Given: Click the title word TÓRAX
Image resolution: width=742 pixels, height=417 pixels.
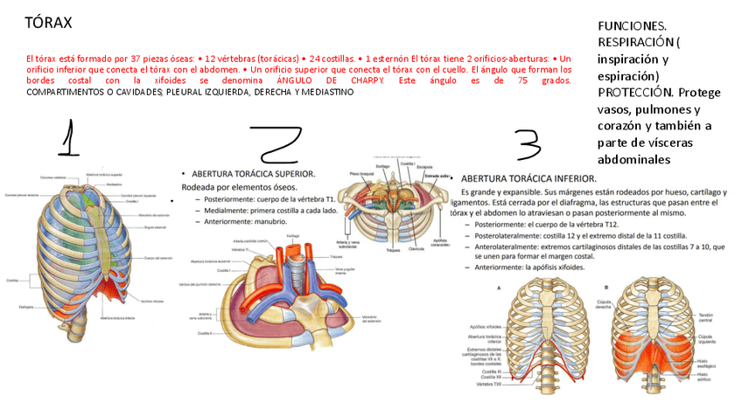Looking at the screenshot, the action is point(49,22).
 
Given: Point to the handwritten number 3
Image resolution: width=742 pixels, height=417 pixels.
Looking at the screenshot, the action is point(528,144).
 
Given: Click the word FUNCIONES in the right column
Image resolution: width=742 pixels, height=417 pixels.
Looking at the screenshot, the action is point(630,27).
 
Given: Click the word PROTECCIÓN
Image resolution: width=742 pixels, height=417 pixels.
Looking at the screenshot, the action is point(636,92).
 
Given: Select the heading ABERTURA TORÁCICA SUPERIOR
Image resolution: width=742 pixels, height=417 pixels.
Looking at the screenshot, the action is point(254,173).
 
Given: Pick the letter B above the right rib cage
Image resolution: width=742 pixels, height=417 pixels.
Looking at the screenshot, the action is point(606,287).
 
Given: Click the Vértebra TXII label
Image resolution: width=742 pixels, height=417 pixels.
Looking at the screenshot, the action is point(489,384).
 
